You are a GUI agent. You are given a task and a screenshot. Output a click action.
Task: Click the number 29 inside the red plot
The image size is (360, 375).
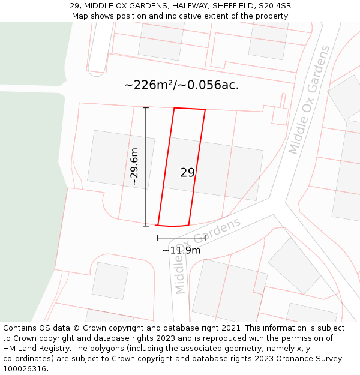(187, 173)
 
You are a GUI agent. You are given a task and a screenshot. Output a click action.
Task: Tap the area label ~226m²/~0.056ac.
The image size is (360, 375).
(181, 85)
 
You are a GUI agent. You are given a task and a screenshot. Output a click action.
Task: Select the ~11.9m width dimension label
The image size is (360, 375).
(181, 250)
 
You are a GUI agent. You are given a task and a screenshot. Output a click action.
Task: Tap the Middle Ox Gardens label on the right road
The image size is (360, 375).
(309, 100)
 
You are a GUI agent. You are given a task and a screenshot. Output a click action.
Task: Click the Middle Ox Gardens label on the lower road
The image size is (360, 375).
(207, 255)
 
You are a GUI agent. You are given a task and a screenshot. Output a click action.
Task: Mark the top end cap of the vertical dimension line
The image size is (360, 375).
(146, 108)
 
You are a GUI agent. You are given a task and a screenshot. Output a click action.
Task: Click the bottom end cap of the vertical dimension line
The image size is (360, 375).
(146, 226)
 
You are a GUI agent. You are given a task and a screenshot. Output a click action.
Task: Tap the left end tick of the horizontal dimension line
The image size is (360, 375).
(158, 238)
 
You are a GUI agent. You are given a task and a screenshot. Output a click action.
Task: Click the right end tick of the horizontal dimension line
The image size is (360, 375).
(205, 238)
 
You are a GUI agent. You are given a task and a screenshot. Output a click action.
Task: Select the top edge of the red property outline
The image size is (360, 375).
(190, 109)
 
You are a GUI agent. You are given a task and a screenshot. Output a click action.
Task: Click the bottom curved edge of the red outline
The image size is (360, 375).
(173, 226)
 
